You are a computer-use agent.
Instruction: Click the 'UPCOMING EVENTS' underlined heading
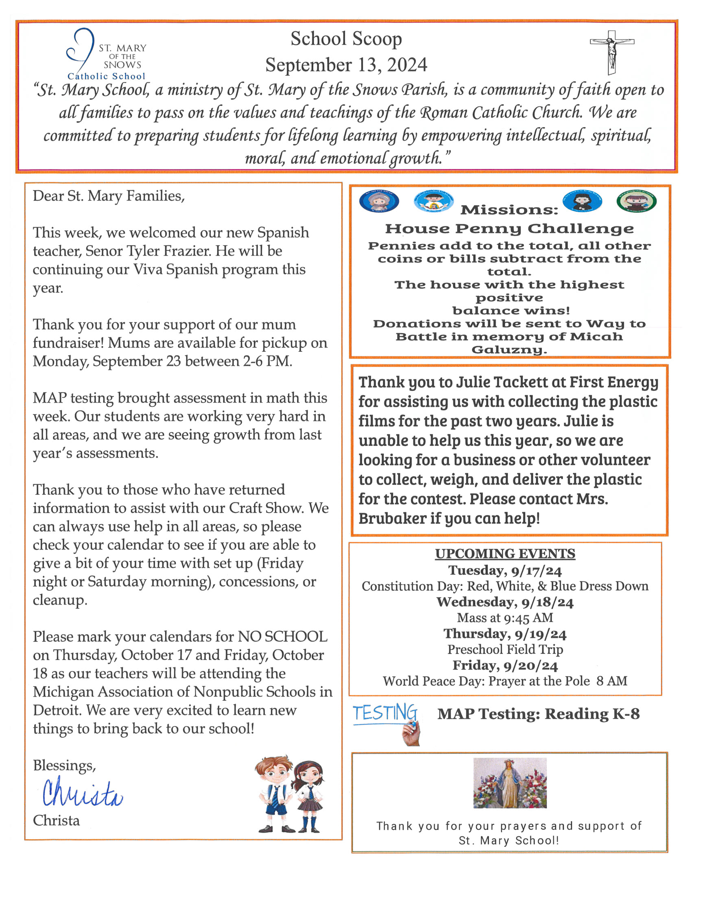505,553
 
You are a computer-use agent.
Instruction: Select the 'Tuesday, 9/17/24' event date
505,570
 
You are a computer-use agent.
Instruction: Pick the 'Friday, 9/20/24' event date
505,666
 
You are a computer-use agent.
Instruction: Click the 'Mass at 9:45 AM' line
505,618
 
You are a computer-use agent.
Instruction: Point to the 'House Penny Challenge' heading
509,228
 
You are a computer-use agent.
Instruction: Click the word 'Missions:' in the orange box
509,210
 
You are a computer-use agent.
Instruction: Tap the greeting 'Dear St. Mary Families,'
109,196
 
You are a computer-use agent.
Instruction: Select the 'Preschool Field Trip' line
505,649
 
